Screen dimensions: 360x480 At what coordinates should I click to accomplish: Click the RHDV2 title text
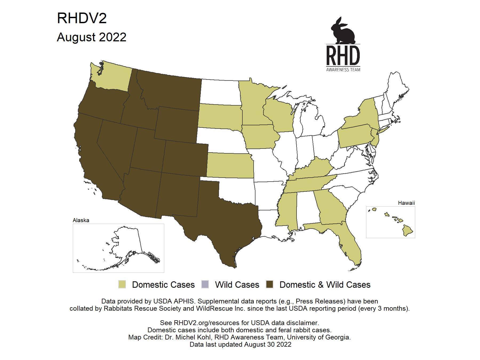coord(82,18)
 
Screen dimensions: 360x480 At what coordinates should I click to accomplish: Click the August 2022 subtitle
coord(91,37)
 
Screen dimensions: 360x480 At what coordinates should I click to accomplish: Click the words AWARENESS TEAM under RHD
coord(343,70)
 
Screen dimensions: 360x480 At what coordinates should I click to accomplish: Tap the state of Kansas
coord(229,165)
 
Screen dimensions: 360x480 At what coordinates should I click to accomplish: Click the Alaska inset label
coord(81,220)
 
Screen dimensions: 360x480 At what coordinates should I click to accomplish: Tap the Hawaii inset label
coord(406,203)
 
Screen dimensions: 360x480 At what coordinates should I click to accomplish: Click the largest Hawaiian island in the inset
coord(407,230)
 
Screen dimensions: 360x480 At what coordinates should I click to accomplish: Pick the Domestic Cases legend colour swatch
coord(122,285)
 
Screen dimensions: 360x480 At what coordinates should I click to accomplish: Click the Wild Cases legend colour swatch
coord(205,285)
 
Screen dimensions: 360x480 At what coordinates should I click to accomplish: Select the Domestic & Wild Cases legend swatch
coord(270,285)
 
